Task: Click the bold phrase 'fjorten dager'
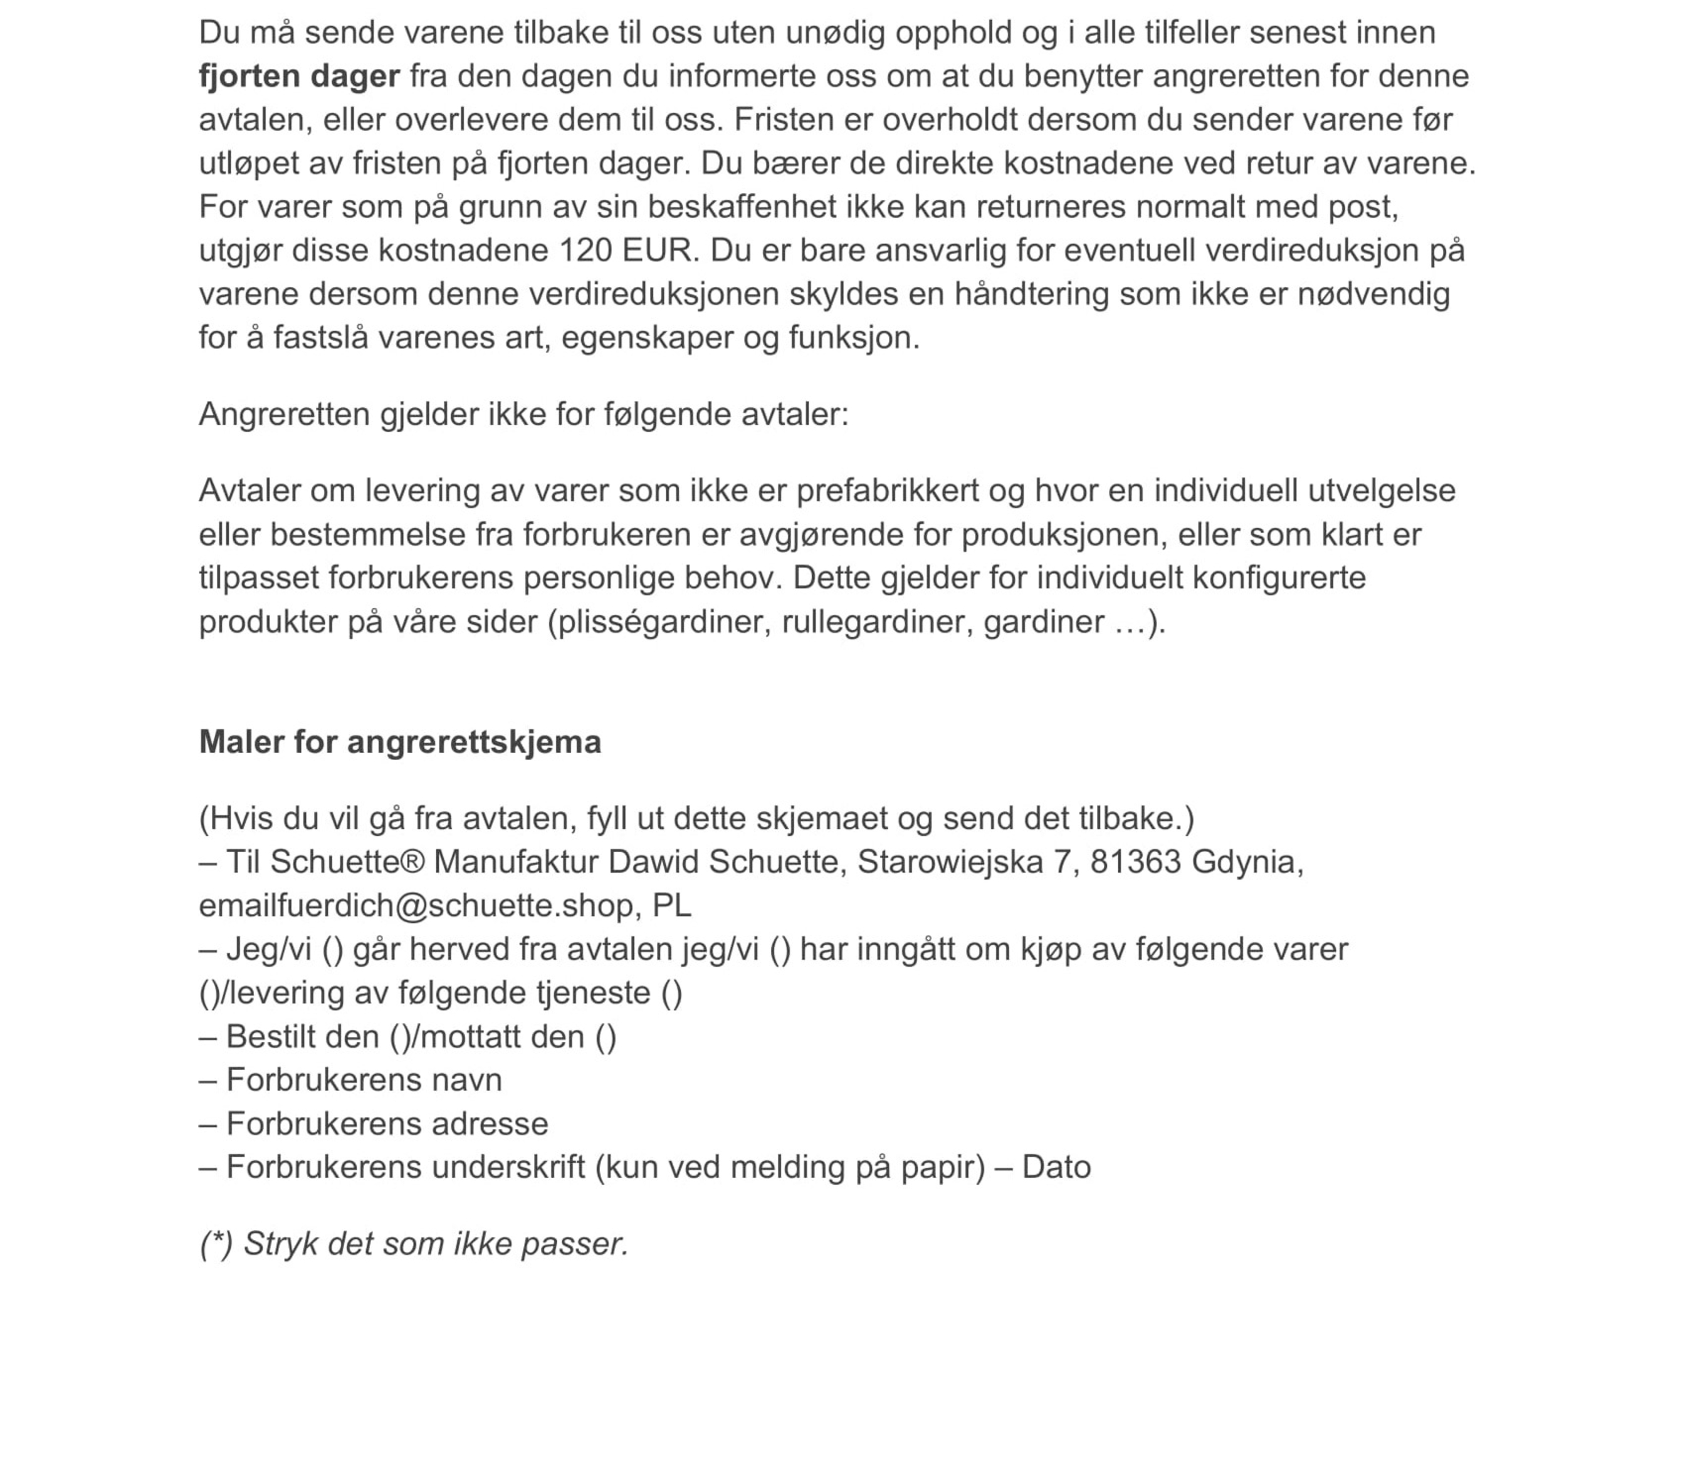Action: (300, 76)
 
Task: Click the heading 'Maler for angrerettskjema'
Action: (400, 742)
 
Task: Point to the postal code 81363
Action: (1135, 861)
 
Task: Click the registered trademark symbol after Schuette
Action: (413, 861)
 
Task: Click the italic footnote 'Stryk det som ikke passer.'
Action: (436, 1244)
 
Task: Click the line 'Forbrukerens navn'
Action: (364, 1080)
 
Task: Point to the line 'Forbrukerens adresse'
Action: (387, 1123)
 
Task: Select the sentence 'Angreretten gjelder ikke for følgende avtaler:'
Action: (523, 414)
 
